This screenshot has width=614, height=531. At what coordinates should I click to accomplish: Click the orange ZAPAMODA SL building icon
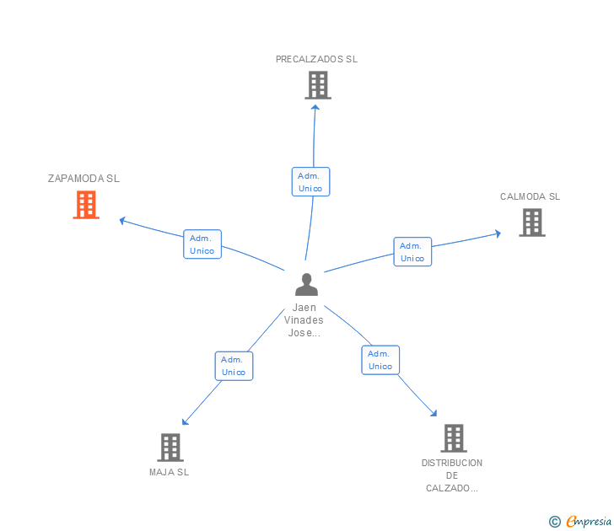click(86, 205)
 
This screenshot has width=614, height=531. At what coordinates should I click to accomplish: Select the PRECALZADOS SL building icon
click(318, 85)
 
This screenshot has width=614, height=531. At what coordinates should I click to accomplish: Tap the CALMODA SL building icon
click(532, 223)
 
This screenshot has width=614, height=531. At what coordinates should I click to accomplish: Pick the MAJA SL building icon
click(170, 448)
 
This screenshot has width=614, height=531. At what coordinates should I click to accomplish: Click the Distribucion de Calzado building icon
click(454, 438)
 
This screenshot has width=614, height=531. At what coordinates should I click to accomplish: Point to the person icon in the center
click(306, 285)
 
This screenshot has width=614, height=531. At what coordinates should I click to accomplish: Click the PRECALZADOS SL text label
click(316, 59)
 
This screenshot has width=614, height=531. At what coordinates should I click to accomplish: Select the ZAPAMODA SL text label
click(83, 179)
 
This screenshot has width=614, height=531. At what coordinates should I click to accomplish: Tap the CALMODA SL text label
click(530, 196)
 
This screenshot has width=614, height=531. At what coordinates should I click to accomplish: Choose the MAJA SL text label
click(170, 472)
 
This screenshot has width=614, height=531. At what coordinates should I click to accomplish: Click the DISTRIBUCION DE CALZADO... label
click(452, 475)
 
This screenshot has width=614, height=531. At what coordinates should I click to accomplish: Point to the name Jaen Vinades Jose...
click(304, 320)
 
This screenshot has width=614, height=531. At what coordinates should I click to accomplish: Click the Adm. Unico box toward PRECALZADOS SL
click(311, 181)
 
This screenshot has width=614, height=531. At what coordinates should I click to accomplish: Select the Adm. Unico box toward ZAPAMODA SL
click(202, 244)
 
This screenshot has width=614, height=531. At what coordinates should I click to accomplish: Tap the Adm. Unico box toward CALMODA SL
click(412, 252)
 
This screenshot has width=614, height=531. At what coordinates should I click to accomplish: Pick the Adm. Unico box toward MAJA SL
click(234, 366)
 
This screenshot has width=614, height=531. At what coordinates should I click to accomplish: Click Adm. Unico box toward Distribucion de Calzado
click(380, 360)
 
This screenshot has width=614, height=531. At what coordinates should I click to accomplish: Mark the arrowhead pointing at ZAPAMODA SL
click(122, 221)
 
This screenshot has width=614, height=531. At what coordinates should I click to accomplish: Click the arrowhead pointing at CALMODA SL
click(498, 233)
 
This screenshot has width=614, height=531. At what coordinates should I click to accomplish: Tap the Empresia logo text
click(589, 521)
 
